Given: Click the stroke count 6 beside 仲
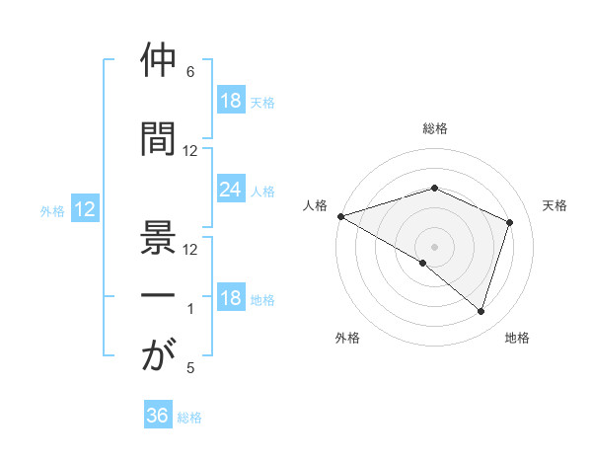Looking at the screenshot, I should point(189,72).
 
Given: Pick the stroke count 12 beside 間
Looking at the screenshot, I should point(190,150).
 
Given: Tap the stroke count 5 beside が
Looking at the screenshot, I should point(189,368).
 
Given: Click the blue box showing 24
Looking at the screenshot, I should point(230,190).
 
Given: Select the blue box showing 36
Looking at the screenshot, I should point(158,416).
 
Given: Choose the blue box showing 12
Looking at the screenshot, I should point(84,209).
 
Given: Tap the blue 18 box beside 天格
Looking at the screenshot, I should point(230,101).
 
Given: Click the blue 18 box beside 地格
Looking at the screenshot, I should point(230,299).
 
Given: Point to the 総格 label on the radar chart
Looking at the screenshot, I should point(434,128).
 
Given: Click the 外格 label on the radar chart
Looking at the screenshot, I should point(347,338).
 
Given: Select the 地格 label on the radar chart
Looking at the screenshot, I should point(517,338).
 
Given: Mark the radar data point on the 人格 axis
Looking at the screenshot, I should point(340,215).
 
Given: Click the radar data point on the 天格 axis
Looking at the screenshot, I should point(510,222).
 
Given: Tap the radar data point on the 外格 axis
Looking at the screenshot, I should point(423,264).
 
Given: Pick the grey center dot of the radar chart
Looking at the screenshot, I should point(434,246).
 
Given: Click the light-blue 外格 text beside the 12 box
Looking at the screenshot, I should point(52,210).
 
